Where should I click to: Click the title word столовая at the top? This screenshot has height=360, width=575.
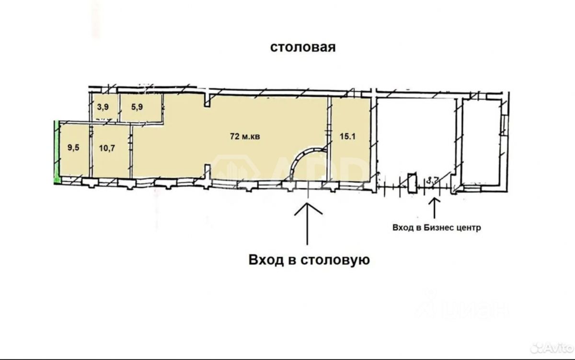pos(302,47)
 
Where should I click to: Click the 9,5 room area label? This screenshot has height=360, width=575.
pos(73,148)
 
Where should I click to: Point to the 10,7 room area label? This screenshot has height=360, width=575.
pos(108,148)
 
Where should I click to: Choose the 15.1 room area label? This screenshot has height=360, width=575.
pos(349,136)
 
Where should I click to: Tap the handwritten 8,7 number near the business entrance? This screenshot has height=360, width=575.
pos(433,181)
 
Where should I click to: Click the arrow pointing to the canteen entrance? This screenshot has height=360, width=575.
pos(307,223)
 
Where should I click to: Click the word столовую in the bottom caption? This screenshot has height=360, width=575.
pos(335,260)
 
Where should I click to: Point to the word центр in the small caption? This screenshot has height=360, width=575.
pos(468,228)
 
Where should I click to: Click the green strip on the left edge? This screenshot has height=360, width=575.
pos(56,151)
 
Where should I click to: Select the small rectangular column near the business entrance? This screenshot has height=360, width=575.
pos(411,183)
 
